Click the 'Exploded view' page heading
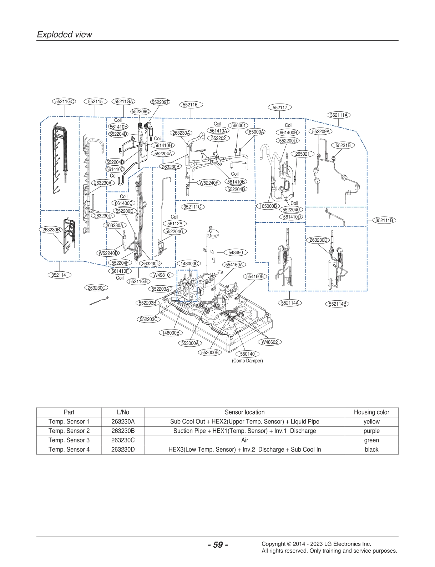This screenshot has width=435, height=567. coord(64,35)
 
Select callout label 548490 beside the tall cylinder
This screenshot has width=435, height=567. coord(236,252)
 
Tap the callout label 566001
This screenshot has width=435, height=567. coord(239,125)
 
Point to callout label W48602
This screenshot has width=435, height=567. coord(269,342)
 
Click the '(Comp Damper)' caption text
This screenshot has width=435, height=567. coord(247,361)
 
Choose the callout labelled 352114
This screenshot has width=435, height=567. coord(59,275)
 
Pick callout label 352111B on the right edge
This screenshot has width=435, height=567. coord(384,220)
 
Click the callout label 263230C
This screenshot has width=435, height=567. coord(96,288)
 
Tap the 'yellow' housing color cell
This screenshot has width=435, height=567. coord(371,422)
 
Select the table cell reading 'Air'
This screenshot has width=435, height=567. coord(244,440)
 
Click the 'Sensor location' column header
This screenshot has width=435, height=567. coord(244,412)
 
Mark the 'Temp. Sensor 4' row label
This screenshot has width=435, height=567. coord(69,450)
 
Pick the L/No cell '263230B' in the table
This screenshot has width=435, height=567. coord(123,431)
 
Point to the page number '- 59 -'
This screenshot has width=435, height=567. coord(218,545)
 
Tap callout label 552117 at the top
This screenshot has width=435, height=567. coord(280,107)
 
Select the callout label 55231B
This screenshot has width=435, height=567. coord(343,145)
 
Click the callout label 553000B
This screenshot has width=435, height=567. coord(210,352)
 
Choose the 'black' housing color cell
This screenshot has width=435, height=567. coord(371,450)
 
